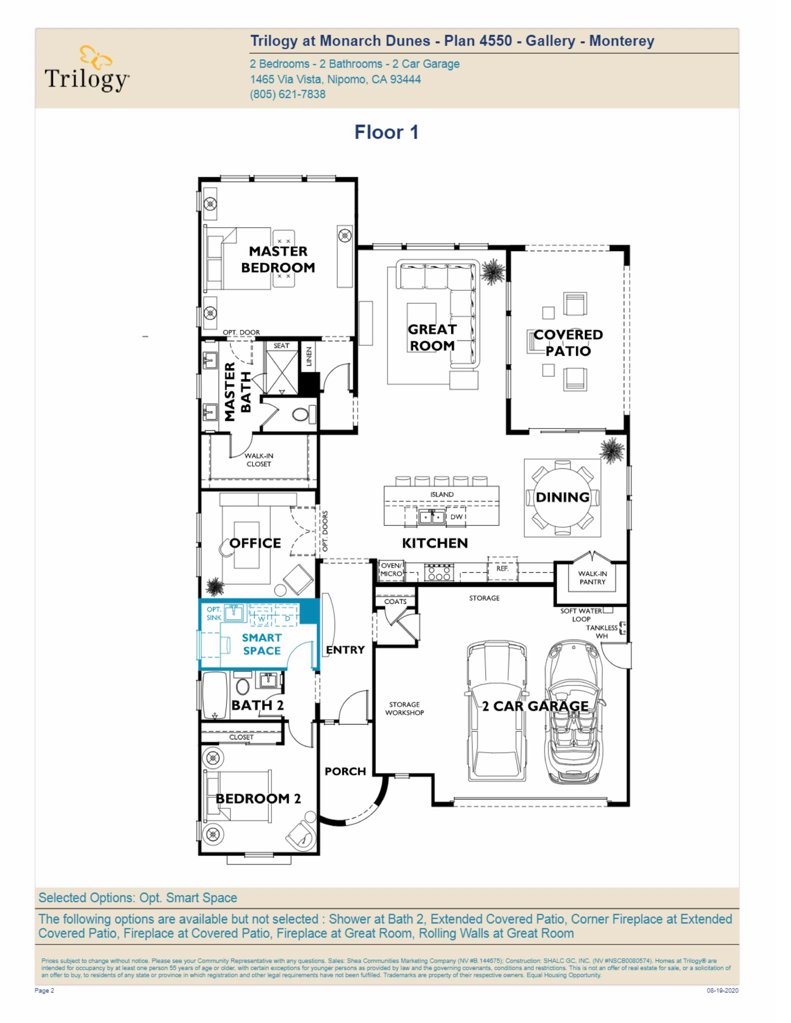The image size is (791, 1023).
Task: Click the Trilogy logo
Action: pyautogui.click(x=87, y=70)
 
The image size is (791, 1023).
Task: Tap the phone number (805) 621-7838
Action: pyautogui.click(x=287, y=94)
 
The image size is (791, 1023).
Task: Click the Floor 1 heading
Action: pyautogui.click(x=386, y=132)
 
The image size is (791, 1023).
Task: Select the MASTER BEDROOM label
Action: pyautogui.click(x=278, y=259)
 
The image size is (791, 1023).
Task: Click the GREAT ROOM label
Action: pyautogui.click(x=432, y=337)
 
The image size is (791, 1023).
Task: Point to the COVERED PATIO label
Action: pyautogui.click(x=568, y=342)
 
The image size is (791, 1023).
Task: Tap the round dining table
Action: pyautogui.click(x=562, y=497)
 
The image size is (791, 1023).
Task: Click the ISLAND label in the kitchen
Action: pyautogui.click(x=442, y=495)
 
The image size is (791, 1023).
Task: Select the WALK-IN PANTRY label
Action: pyautogui.click(x=592, y=578)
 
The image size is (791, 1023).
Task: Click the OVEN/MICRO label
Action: pyautogui.click(x=391, y=570)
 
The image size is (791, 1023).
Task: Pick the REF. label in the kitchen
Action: pyautogui.click(x=502, y=568)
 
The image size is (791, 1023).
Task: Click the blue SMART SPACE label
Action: pyautogui.click(x=262, y=644)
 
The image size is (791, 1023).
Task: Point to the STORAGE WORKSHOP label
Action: pyautogui.click(x=404, y=708)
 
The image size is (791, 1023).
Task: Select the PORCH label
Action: pyautogui.click(x=345, y=771)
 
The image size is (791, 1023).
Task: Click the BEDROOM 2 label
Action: pyautogui.click(x=258, y=798)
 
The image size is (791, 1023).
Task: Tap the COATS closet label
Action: pyautogui.click(x=395, y=601)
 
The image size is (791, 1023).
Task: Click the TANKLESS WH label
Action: pyautogui.click(x=602, y=632)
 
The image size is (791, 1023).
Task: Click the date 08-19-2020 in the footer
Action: pyautogui.click(x=722, y=990)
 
